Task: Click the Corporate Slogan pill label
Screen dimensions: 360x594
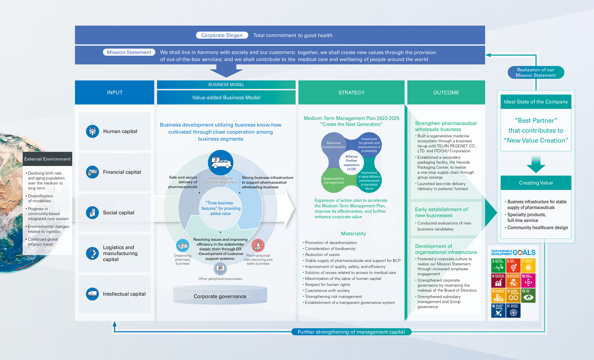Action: (222, 35)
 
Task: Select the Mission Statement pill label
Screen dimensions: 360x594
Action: (129, 52)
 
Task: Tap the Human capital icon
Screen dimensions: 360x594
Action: (92, 131)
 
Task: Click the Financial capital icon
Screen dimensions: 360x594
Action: (92, 172)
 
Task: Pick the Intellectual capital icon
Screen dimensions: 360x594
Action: (92, 294)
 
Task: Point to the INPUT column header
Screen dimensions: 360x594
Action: (115, 93)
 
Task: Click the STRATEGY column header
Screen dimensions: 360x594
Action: (351, 93)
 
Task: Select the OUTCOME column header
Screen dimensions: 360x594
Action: (446, 93)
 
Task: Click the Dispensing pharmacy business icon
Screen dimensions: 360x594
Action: (182, 246)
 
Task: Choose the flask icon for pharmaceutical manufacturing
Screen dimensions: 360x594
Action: (258, 246)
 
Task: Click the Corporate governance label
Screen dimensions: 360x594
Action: (220, 296)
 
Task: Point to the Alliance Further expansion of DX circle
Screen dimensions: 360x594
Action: (351, 163)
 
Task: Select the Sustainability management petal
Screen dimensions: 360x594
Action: (334, 180)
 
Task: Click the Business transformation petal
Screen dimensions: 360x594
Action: (334, 145)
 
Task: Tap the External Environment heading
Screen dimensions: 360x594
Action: (48, 159)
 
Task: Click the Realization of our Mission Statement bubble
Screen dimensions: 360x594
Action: (535, 72)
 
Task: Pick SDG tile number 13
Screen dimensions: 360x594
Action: (528, 296)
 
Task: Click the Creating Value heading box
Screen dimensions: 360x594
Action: (536, 183)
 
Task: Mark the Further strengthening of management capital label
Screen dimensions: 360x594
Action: (351, 332)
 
